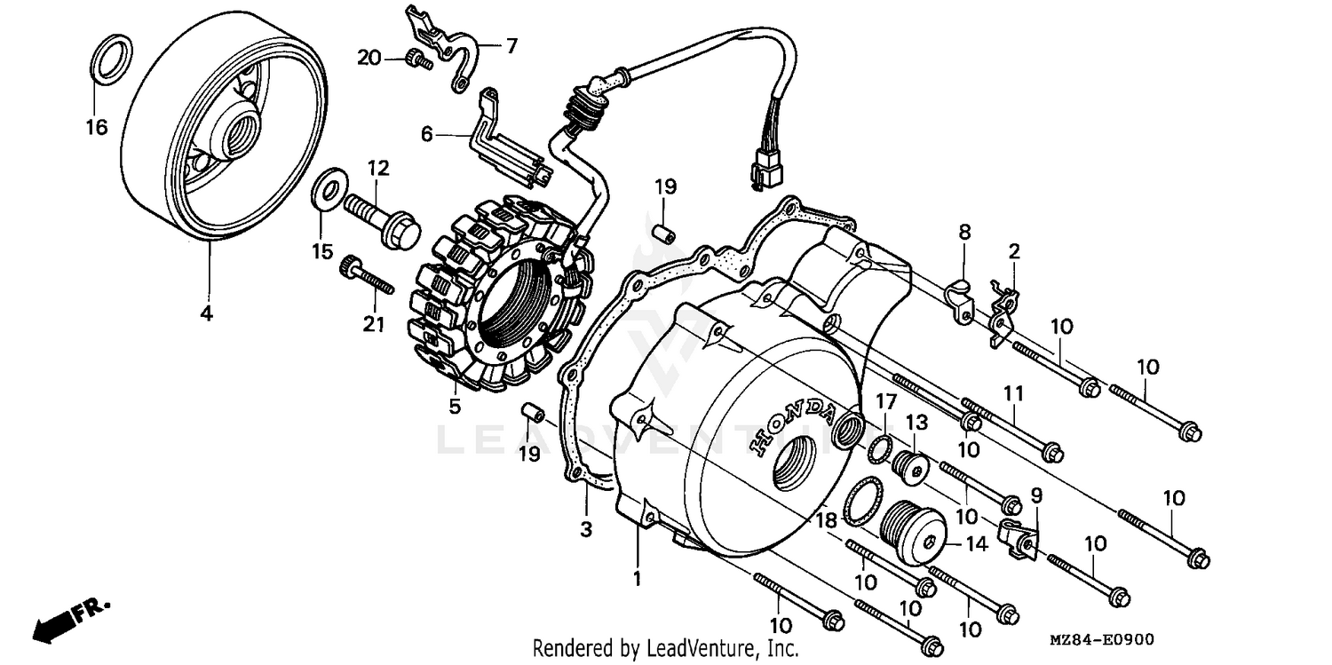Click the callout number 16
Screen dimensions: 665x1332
pos(96,128)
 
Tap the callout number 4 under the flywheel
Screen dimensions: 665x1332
pos(206,313)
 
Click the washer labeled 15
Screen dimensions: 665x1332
pos(330,189)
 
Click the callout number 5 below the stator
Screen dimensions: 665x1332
pos(454,408)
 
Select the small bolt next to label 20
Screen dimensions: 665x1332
pos(416,59)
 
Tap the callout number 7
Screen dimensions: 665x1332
pos(511,46)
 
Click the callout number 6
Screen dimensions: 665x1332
pos(427,134)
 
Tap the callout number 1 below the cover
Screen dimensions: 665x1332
pos(636,579)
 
